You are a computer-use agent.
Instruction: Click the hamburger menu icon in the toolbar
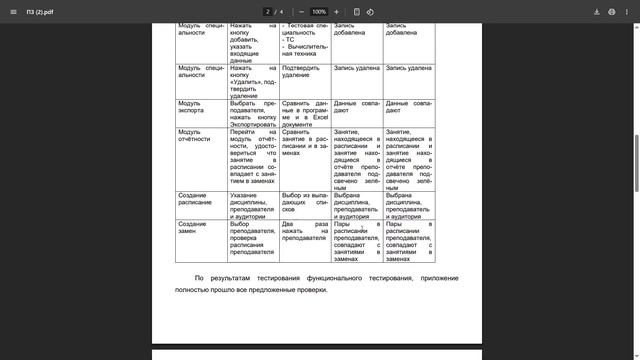[12, 11]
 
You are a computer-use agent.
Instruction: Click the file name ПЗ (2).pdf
[40, 11]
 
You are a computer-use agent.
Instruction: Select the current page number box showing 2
[269, 11]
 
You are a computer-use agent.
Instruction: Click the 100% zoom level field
[319, 11]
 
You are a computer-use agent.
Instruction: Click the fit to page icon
[355, 11]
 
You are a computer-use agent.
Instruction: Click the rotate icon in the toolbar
[370, 11]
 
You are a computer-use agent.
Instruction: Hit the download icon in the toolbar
[597, 11]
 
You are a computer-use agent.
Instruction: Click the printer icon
[612, 11]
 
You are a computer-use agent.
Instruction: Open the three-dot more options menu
[627, 11]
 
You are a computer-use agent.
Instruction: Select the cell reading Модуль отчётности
[194, 135]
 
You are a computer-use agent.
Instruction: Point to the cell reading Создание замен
[193, 227]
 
